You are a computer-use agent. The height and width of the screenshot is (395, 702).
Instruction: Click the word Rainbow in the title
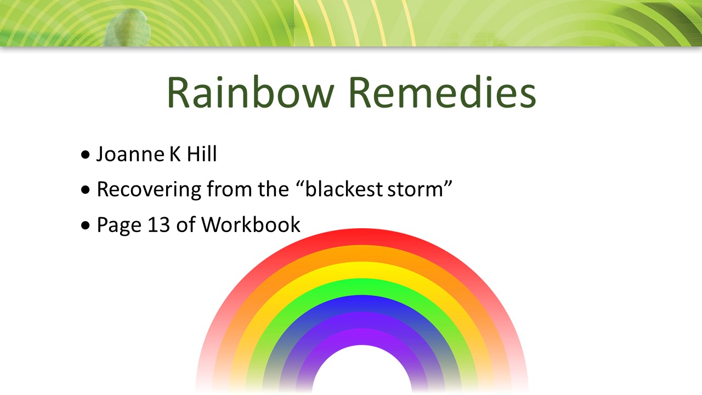click(x=251, y=93)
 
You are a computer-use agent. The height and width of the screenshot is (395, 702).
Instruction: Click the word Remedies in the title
click(x=442, y=93)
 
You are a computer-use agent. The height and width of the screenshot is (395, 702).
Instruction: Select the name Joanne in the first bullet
click(x=131, y=154)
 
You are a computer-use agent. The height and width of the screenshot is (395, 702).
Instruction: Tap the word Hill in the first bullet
click(x=202, y=154)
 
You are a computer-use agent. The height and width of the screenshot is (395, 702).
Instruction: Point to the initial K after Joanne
click(x=175, y=154)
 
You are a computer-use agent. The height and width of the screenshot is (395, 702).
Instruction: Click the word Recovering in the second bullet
click(x=149, y=190)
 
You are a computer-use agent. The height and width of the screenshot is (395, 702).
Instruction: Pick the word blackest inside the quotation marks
click(x=343, y=189)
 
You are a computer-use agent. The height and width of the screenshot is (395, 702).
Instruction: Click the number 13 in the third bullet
click(x=158, y=225)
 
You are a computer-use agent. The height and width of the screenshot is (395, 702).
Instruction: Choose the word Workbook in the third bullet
click(x=251, y=224)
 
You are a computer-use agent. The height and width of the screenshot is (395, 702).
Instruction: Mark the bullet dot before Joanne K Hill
click(x=85, y=155)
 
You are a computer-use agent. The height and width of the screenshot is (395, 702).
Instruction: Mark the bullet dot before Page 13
click(x=85, y=225)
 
